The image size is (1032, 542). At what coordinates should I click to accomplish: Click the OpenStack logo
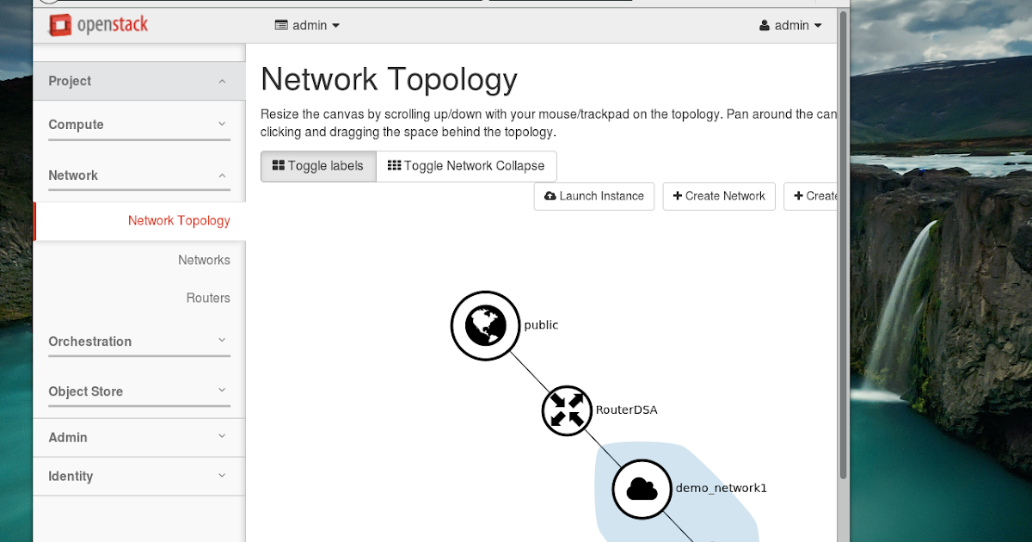click(98, 25)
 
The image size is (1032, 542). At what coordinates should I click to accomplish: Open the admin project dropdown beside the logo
click(307, 26)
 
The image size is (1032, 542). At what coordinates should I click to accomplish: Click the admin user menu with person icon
click(790, 26)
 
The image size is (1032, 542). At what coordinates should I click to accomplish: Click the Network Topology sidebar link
click(179, 221)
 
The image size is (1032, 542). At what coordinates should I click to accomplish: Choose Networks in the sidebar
click(204, 260)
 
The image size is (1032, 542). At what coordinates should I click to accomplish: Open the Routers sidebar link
click(208, 298)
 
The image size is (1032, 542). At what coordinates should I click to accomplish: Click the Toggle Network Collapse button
click(466, 166)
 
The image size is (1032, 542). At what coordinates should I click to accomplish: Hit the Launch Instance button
click(594, 196)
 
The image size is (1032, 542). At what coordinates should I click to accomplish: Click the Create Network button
click(719, 196)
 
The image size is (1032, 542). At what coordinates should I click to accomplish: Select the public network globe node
click(486, 325)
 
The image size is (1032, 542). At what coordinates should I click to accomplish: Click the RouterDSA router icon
click(567, 410)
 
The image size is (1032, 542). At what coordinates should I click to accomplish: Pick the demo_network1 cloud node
click(642, 489)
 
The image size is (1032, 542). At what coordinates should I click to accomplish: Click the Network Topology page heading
click(389, 79)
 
